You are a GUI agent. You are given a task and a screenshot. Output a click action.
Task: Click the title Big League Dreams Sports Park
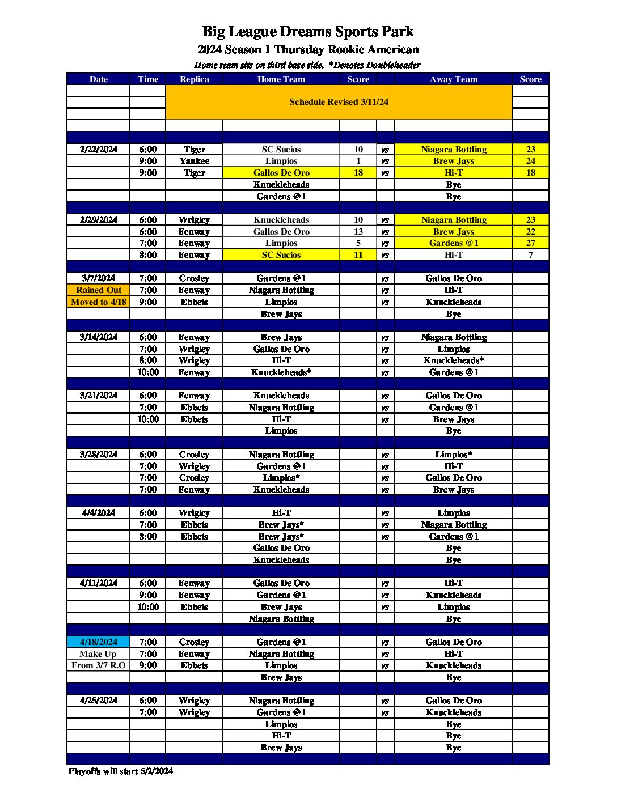308,31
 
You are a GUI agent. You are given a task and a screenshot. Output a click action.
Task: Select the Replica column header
194,79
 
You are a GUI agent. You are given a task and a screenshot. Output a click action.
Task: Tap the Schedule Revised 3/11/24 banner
339,102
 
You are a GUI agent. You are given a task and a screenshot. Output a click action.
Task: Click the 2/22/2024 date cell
99,150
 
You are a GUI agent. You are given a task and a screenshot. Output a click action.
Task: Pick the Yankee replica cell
194,161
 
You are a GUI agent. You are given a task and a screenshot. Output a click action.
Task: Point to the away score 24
530,161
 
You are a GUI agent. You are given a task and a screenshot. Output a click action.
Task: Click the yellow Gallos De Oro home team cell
281,173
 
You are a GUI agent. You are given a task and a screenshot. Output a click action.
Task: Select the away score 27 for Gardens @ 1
530,243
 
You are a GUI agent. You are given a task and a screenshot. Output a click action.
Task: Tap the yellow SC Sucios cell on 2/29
281,255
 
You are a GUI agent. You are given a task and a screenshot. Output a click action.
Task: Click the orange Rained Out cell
99,290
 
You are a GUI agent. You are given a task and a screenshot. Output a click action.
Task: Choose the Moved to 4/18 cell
99,302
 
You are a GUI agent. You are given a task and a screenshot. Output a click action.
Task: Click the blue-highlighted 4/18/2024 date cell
99,642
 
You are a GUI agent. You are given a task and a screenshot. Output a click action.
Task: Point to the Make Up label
99,654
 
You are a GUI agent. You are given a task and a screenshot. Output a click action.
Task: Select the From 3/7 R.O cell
99,665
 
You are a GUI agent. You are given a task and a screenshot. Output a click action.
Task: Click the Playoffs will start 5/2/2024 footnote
121,771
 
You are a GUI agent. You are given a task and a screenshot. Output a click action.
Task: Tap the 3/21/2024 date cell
99,396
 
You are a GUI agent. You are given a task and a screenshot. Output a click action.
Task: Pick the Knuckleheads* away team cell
454,360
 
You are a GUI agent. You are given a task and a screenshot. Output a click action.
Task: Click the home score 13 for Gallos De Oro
358,232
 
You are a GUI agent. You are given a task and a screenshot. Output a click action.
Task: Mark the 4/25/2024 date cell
99,701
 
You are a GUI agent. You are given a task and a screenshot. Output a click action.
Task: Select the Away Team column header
454,79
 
